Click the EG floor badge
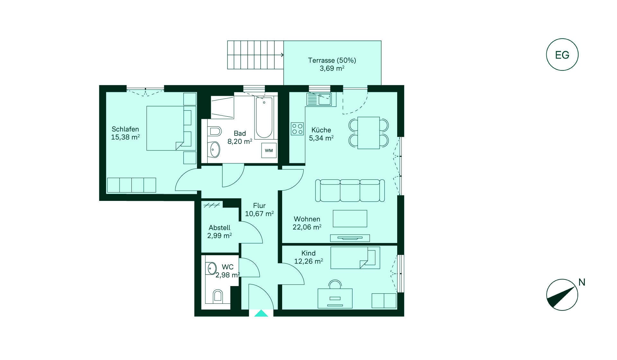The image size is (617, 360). click(562, 55)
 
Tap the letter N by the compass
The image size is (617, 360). click(582, 282)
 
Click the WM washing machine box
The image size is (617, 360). click(269, 150)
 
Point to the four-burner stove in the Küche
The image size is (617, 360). click(297, 129)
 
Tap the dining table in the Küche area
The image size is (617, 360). click(369, 133)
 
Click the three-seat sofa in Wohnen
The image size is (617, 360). click(350, 191)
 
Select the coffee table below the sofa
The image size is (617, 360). click(350, 219)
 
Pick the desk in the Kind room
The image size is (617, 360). click(335, 298)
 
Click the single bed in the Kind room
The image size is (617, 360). click(355, 258)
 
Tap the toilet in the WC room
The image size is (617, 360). click(218, 296)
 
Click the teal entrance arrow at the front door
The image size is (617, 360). click(261, 313)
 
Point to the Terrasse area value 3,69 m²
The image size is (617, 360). click(332, 68)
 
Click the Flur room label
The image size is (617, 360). click(259, 206)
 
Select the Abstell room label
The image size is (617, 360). click(219, 228)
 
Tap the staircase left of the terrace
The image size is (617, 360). click(255, 55)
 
